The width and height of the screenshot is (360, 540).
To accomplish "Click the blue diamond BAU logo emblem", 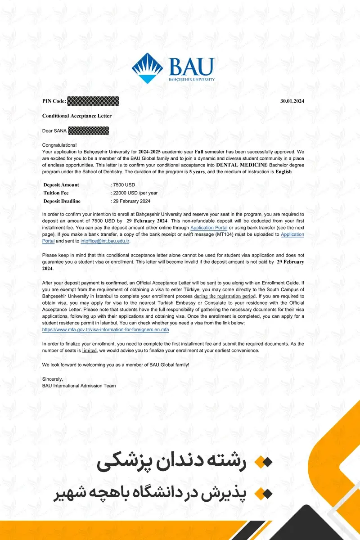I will click(147, 68).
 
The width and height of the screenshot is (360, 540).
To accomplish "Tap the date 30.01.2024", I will click(292, 101).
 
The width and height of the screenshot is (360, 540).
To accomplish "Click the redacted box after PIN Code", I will click(93, 101).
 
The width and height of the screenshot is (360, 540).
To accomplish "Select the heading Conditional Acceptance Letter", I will click(77, 116).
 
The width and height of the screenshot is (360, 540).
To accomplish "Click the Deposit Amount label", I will click(61, 185).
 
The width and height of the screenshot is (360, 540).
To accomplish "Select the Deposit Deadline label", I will click(62, 201).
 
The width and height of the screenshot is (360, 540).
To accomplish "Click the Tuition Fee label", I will click(55, 193).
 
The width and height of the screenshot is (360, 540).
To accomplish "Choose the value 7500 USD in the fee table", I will click(124, 185).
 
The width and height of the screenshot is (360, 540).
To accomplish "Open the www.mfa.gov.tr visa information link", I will click(105, 329).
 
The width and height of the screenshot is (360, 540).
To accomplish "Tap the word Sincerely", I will click(53, 379).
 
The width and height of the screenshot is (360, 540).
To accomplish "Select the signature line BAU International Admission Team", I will click(79, 386).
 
